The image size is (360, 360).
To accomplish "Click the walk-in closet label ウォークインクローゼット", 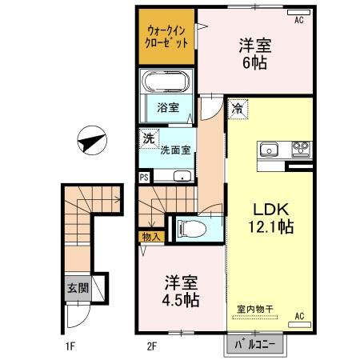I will pos(167,38).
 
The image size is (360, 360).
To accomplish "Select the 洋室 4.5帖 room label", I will pos(182,293).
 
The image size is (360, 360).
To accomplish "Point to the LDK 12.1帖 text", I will pos(265,217).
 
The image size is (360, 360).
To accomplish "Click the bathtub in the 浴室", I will pos(166,82).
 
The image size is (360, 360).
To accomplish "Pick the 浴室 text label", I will pos(167,107).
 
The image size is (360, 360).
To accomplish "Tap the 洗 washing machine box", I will pos(149,138).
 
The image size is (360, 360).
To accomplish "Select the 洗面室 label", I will pos(175,149).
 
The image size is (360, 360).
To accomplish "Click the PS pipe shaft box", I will pos(144,178).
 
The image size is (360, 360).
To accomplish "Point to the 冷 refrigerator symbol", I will pos(238,107).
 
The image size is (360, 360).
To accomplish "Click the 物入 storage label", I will pos(152,236).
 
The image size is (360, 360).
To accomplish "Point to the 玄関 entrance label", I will pos(77,289).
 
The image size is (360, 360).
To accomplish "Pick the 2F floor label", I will pos(151,347).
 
